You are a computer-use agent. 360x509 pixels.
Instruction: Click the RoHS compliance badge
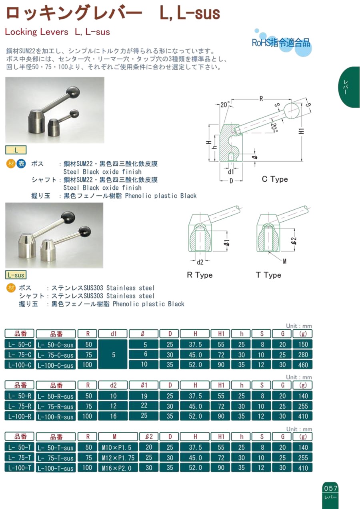click(282, 43)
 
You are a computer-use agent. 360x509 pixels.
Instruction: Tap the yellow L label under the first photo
click(16, 150)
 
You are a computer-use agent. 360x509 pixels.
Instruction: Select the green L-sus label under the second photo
click(16, 275)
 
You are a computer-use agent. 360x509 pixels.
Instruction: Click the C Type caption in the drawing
click(274, 179)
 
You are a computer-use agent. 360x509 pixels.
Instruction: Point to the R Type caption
click(200, 275)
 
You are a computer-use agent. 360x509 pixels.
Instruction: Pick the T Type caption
click(268, 275)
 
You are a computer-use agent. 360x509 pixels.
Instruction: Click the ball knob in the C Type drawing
click(292, 111)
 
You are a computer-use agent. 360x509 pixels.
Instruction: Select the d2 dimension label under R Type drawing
click(200, 262)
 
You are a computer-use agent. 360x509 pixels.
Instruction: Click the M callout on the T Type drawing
click(284, 262)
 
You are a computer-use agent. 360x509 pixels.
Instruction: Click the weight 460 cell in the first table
click(303, 365)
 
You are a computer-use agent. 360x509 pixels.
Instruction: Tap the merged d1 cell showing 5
click(113, 355)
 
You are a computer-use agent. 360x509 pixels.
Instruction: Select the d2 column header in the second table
click(113, 385)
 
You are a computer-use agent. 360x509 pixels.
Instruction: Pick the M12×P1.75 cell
click(118, 458)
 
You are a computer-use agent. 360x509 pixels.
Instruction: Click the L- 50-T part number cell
click(20, 447)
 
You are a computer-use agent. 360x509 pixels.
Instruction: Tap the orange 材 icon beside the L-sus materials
click(11, 288)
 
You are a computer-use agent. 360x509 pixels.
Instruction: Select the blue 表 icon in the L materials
click(21, 164)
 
